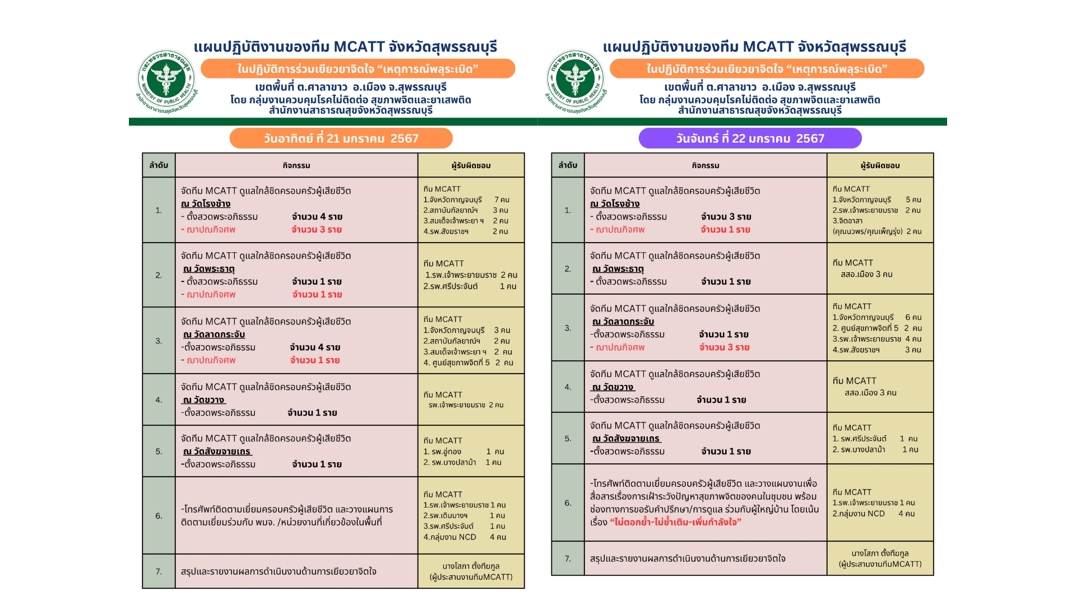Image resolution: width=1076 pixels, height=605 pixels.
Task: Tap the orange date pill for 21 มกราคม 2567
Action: [x=341, y=138]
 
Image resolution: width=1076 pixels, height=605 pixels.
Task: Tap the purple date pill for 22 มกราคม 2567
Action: [x=750, y=138]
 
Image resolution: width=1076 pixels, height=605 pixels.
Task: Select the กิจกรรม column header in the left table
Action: [x=296, y=165]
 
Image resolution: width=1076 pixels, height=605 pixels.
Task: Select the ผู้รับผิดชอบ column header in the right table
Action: [x=880, y=165]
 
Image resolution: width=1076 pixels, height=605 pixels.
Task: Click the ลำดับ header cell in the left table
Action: [x=159, y=165]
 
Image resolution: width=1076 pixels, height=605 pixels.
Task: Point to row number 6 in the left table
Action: [x=159, y=516]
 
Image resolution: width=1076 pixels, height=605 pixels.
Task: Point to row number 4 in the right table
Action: [x=568, y=387]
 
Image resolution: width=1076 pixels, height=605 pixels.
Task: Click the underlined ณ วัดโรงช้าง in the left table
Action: [x=206, y=204]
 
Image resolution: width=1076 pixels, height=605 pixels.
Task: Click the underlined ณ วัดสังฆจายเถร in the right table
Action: [x=627, y=439]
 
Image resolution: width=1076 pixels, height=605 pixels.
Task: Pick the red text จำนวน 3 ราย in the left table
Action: [x=317, y=230]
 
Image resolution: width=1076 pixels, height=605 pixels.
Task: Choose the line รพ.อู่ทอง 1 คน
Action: [x=463, y=452]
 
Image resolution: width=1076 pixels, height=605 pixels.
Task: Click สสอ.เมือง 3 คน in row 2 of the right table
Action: [x=866, y=274]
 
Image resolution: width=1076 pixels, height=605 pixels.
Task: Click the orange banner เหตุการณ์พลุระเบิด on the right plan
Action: [x=767, y=69]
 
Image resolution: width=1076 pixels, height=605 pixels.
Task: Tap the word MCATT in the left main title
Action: [x=359, y=47]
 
